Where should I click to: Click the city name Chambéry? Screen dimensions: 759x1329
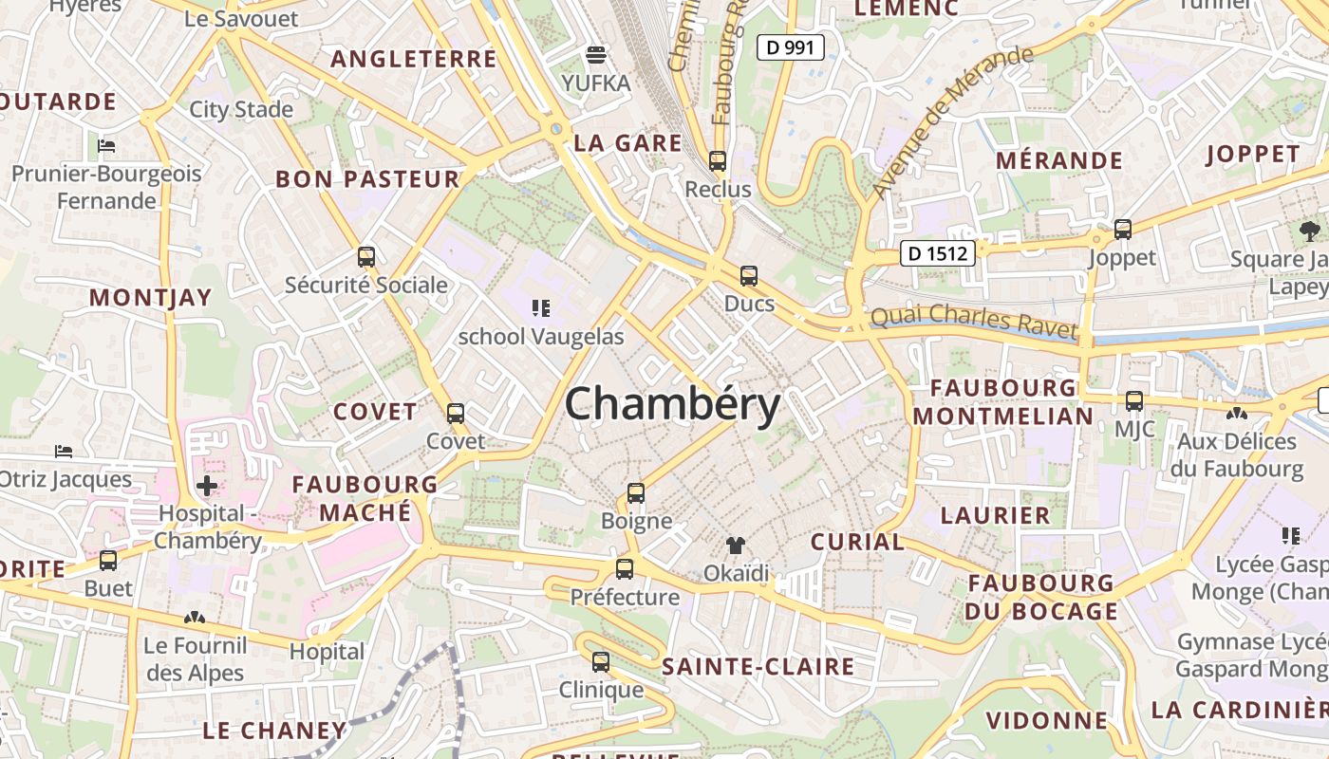point(672,405)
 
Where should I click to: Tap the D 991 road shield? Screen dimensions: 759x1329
point(790,46)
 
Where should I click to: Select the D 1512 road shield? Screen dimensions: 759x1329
point(937,253)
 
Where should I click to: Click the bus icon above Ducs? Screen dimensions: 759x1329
point(749,276)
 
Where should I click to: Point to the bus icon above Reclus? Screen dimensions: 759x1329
point(718,161)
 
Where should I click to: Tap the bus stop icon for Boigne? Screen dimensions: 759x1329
point(636,493)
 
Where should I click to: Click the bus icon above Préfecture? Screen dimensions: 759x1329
point(624,569)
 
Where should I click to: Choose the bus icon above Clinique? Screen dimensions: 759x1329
point(600,662)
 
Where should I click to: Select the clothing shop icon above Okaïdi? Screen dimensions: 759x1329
point(736,546)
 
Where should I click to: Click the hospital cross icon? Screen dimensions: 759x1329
point(206,487)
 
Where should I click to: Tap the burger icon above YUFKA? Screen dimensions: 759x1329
point(596,54)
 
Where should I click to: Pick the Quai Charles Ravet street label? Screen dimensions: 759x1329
point(974,321)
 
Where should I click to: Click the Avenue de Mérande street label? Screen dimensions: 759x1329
point(951,120)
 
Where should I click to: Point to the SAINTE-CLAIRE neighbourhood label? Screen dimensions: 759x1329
point(758,666)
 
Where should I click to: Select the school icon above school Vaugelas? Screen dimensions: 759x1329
point(541,307)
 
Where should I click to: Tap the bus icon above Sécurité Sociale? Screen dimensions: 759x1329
point(366,256)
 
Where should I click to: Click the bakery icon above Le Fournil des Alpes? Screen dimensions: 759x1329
point(195,618)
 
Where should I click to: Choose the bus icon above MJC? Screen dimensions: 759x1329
point(1134,401)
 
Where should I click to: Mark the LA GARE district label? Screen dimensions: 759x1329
point(627,143)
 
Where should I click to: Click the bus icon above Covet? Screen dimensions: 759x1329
point(456,414)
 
